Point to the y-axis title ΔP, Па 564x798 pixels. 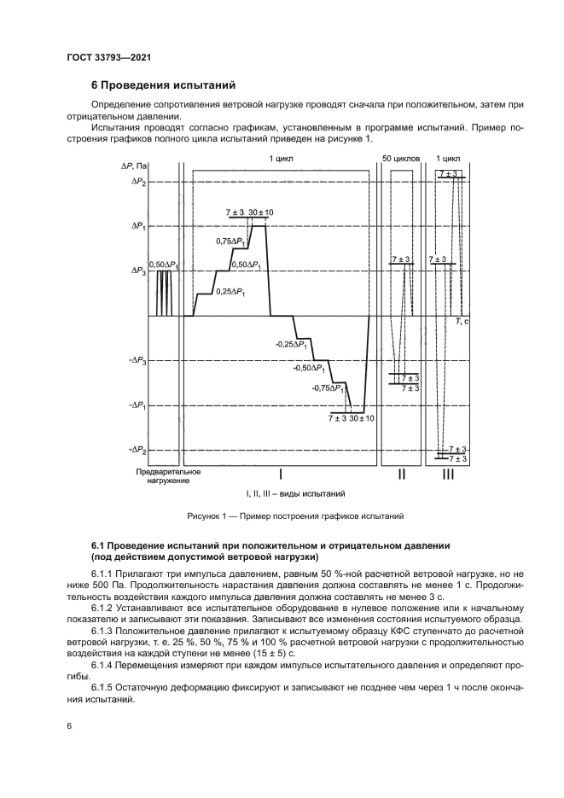tap(135, 163)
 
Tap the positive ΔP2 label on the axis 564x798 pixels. tap(138, 183)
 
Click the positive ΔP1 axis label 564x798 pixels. tap(138, 226)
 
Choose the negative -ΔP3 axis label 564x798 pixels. tap(137, 361)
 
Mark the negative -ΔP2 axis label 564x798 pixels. tap(137, 450)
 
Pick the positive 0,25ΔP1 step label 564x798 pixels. tap(230, 292)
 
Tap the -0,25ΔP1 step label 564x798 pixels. tap(291, 343)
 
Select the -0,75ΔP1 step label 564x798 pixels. tap(329, 388)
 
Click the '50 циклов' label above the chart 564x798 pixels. tap(399, 159)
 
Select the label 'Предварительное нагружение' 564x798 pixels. tap(169, 475)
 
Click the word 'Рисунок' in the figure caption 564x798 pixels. tap(206, 516)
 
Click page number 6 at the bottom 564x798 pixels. tap(69, 725)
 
